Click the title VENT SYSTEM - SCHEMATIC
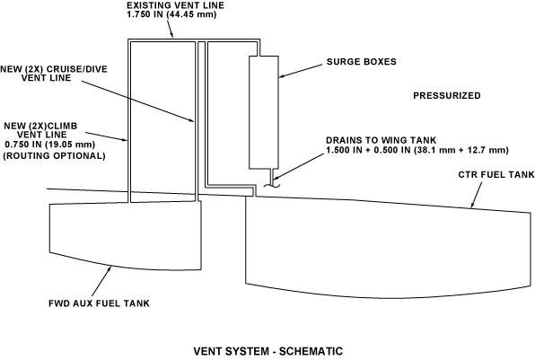point(268,351)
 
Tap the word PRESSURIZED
point(447,95)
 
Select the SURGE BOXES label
point(362,62)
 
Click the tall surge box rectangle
point(264,112)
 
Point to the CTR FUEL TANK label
point(496,175)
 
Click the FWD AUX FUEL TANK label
point(99,303)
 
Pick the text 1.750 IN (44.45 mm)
point(171,15)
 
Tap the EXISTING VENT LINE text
point(175,5)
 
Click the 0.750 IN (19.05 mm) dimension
point(49,145)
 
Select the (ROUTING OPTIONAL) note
point(54,156)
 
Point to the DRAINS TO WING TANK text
point(382,140)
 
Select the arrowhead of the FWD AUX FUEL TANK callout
point(110,269)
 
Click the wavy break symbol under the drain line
point(272,186)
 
